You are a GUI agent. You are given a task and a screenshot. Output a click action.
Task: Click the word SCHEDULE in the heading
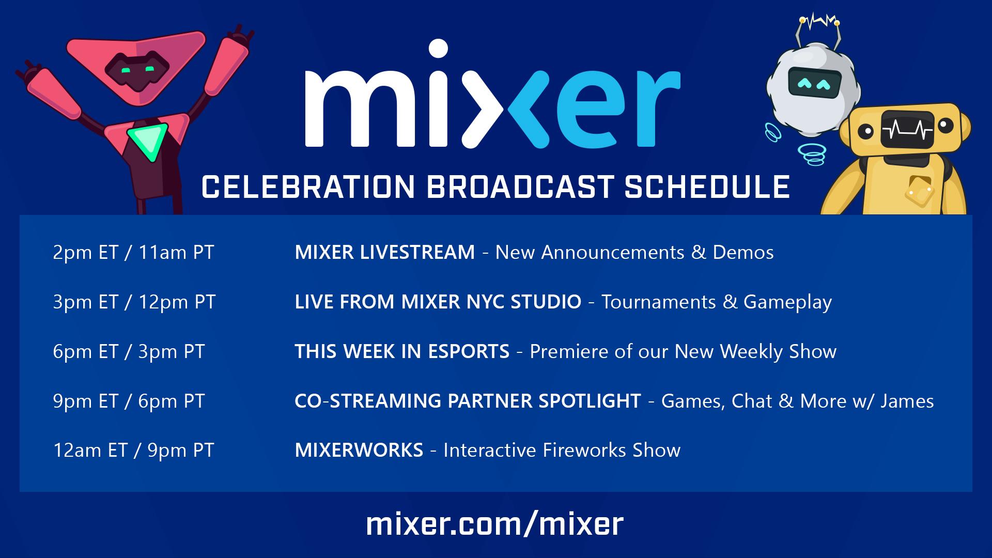click(x=707, y=187)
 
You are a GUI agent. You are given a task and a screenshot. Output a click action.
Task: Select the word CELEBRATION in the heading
click(x=308, y=187)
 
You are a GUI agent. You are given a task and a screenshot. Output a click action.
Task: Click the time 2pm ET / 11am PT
click(x=133, y=253)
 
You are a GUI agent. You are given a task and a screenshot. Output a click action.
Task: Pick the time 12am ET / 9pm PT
click(x=133, y=451)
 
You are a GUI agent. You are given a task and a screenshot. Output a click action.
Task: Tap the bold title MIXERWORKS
click(x=359, y=451)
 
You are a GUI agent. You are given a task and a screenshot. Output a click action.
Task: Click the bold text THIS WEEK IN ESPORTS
click(x=402, y=352)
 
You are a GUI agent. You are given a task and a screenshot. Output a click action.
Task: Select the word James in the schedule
click(x=907, y=401)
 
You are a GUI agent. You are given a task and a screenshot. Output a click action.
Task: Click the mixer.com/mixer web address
click(x=495, y=524)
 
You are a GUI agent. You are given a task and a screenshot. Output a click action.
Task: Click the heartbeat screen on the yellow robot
click(x=907, y=130)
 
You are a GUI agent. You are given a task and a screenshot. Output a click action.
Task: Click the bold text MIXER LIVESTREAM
click(x=384, y=253)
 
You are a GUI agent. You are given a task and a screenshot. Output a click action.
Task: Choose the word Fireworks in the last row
click(x=585, y=451)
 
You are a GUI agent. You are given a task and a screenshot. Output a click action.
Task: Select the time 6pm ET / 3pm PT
click(x=129, y=352)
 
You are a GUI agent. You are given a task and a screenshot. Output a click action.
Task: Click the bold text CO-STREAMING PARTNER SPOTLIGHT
click(x=468, y=401)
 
